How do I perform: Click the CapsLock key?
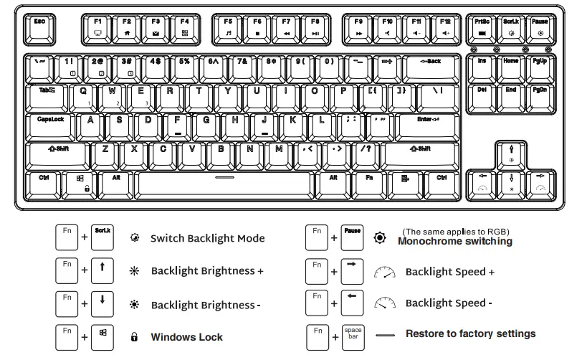[52, 123]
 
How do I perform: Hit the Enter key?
[429, 123]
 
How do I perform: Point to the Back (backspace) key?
[431, 67]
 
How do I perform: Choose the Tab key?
[47, 95]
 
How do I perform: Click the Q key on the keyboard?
[84, 95]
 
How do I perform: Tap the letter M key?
[279, 153]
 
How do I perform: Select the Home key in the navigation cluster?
[511, 66]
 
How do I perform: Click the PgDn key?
[540, 95]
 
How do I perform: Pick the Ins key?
[482, 66]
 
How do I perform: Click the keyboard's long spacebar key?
[224, 182]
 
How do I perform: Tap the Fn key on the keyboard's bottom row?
[370, 182]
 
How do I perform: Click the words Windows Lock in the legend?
[186, 337]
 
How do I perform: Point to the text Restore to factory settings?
[470, 333]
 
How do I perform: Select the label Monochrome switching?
[454, 242]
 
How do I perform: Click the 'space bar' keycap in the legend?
[353, 334]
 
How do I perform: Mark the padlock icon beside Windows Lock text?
[133, 337]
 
